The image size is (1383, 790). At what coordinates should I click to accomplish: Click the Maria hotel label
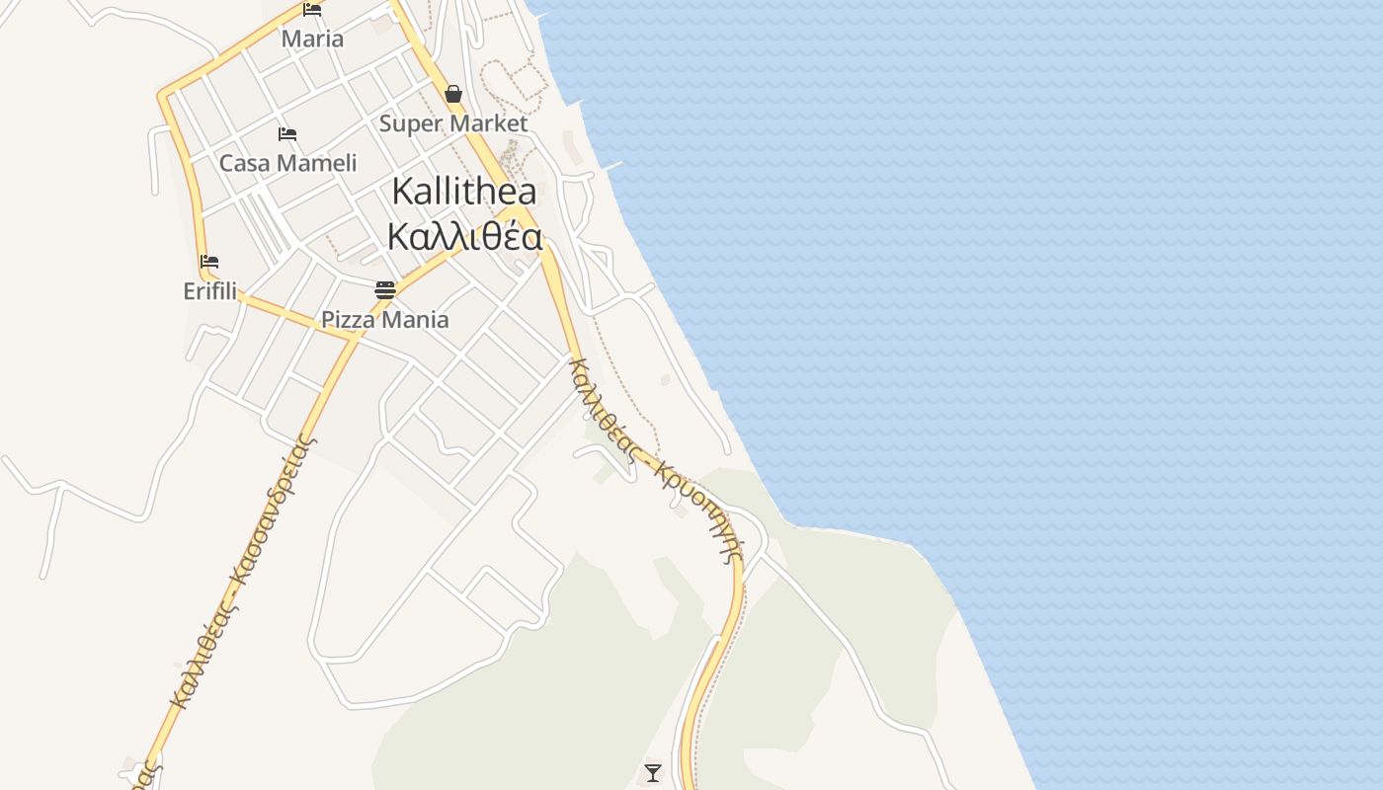tap(312, 39)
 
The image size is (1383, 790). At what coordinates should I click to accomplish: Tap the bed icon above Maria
tap(312, 10)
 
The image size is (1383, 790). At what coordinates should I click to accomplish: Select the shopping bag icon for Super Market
tap(453, 94)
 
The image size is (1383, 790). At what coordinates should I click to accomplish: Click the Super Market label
tap(453, 123)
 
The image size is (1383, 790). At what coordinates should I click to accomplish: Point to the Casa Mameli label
tap(287, 163)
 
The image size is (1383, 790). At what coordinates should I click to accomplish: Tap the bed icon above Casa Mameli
tap(287, 133)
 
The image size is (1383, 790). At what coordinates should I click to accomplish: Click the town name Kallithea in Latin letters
tap(464, 192)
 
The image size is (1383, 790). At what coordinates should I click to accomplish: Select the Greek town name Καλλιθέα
tap(464, 237)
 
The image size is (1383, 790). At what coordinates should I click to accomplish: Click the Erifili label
tap(209, 291)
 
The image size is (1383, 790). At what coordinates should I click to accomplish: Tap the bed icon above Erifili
tap(209, 262)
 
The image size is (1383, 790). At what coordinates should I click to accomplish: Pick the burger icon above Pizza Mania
tap(385, 289)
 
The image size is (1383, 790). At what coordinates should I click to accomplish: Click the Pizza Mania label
tap(385, 320)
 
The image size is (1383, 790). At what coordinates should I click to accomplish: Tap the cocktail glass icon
tap(652, 772)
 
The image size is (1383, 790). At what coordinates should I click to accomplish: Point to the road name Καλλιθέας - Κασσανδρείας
tap(242, 571)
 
